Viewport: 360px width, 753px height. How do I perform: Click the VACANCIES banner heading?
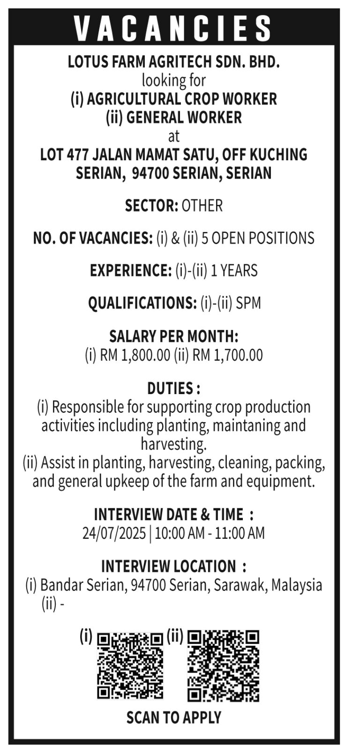pyautogui.click(x=173, y=27)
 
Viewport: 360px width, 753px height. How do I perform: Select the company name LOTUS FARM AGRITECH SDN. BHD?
pyautogui.click(x=173, y=62)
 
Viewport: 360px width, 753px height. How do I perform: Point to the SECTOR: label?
pyautogui.click(x=151, y=206)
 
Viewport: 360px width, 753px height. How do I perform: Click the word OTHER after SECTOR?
pyautogui.click(x=202, y=206)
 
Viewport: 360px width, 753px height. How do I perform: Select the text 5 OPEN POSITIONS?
pyautogui.click(x=258, y=238)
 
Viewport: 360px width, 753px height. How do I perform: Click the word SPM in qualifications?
pyautogui.click(x=248, y=303)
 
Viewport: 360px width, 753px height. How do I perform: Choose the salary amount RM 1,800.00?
pyautogui.click(x=135, y=355)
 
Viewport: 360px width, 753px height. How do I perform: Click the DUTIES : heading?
pyautogui.click(x=174, y=388)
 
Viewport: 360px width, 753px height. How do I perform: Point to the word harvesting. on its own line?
pyautogui.click(x=173, y=444)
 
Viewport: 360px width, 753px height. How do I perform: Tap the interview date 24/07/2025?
pyautogui.click(x=114, y=533)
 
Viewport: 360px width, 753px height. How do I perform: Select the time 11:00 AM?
pyautogui.click(x=240, y=533)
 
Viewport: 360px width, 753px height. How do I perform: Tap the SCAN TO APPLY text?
pyautogui.click(x=173, y=717)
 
